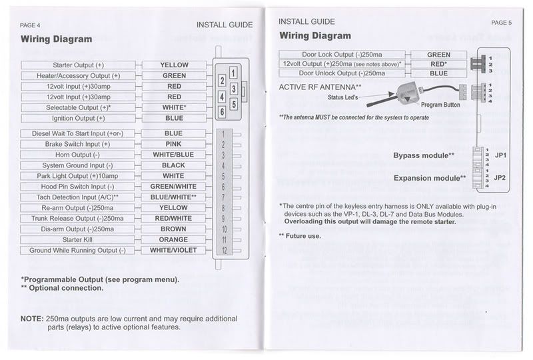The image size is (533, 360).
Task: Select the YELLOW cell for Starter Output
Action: tap(174, 65)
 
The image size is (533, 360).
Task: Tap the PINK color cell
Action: tap(173, 144)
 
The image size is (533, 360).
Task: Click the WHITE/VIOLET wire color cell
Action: tap(174, 251)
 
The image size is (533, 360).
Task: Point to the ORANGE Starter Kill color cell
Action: tap(173, 240)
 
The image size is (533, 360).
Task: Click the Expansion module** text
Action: tap(429, 178)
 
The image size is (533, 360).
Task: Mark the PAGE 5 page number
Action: tap(500, 22)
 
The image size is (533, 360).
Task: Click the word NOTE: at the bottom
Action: tap(31, 319)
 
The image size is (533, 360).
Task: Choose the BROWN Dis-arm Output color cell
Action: tap(173, 229)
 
